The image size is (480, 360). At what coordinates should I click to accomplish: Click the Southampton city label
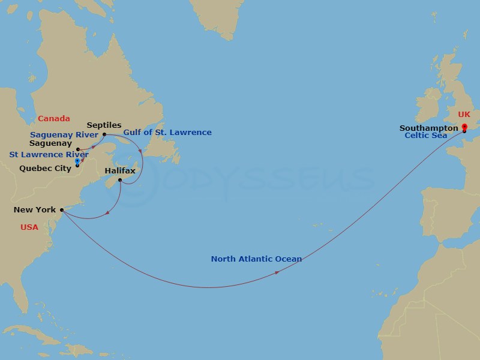(429, 128)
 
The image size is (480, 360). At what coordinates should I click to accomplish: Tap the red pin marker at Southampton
(464, 127)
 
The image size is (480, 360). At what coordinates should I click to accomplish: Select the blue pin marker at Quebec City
(77, 161)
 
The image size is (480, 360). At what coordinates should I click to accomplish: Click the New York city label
(35, 210)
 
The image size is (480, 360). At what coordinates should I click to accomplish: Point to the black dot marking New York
(62, 210)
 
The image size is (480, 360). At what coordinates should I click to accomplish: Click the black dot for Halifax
(121, 181)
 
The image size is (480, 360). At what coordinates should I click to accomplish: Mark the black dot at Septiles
(104, 134)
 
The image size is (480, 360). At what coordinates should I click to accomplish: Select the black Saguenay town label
(54, 144)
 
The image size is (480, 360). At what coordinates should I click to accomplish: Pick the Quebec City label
(45, 169)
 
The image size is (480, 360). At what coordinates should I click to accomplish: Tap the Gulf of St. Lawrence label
(167, 132)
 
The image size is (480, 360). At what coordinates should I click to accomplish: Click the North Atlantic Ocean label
(256, 259)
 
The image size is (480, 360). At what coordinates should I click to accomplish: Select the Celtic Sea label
(426, 136)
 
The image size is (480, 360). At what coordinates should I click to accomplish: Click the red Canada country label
(54, 119)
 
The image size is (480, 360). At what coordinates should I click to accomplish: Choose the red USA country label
(29, 227)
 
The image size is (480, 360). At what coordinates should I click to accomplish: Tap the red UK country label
(464, 114)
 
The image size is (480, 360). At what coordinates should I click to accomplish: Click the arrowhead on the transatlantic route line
(277, 272)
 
